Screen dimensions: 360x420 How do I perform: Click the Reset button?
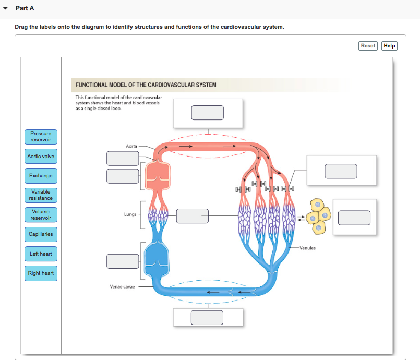368,46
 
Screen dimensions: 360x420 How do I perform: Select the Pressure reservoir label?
41,137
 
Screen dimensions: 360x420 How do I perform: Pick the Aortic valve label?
41,157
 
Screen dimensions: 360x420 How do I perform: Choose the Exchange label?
41,176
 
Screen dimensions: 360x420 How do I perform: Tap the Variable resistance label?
41,195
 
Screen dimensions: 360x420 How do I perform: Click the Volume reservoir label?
41,214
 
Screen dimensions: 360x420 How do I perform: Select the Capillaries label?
41,234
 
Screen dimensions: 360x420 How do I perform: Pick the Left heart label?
41,254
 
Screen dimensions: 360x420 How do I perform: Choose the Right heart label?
41,273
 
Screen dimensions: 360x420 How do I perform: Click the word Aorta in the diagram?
131,146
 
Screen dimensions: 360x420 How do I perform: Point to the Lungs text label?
130,214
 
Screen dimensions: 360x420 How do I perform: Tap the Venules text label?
307,248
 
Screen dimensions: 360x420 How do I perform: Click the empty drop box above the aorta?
208,113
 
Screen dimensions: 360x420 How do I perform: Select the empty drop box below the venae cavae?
208,317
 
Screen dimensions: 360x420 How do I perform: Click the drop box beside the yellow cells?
354,218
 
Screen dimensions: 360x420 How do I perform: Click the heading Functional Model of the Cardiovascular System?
146,85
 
